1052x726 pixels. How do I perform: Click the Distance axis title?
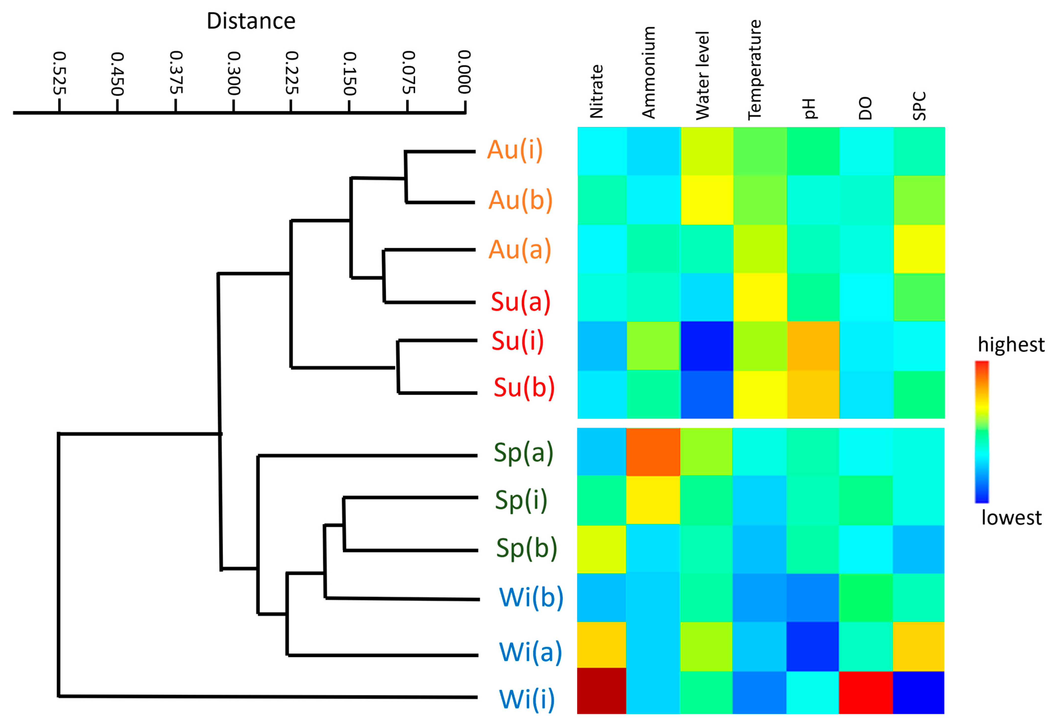(x=251, y=21)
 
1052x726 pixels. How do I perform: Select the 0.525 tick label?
(x=59, y=73)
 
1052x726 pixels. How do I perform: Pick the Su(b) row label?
(x=524, y=388)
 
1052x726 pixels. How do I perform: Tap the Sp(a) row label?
(x=523, y=453)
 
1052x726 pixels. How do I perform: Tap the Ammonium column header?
(x=648, y=73)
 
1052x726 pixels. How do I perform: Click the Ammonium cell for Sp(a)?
(x=653, y=452)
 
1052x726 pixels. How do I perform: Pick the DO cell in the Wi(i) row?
(x=866, y=692)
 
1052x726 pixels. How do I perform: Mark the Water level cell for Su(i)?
(x=707, y=346)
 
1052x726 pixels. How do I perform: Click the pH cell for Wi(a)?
(x=812, y=646)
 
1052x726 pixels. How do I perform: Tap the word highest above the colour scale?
(x=1011, y=345)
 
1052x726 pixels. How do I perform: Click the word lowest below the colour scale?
(x=1011, y=518)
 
